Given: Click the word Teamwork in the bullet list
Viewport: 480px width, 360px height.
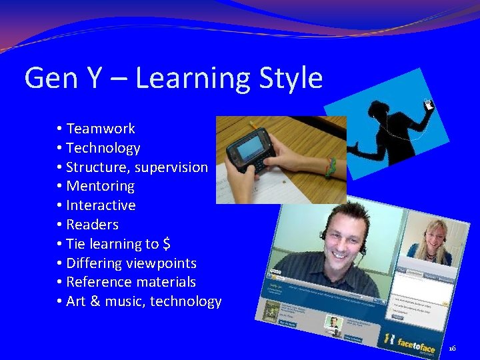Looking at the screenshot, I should click(101, 129).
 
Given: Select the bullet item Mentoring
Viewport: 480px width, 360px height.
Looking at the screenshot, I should click(100, 186).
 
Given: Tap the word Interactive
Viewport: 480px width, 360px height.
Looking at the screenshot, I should click(101, 205).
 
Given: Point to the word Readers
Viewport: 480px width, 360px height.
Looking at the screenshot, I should click(92, 225).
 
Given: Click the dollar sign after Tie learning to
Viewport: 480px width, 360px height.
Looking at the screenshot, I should click(167, 244).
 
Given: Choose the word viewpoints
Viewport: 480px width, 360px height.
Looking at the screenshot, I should click(164, 263).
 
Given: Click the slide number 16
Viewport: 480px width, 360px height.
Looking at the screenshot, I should click(453, 348).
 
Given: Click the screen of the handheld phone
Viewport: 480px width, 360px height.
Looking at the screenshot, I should click(250, 145).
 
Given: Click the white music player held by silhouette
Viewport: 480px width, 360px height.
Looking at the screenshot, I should click(429, 104).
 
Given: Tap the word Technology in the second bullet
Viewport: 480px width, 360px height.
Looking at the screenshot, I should click(103, 148).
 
